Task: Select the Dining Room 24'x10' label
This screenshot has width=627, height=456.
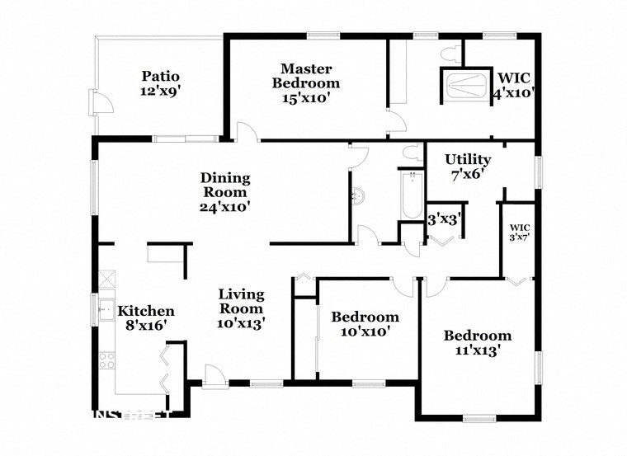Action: point(224,192)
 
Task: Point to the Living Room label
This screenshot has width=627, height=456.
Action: point(241,308)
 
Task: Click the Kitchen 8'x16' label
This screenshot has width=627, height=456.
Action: point(145,317)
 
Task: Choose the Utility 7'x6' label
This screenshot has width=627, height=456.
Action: point(468,167)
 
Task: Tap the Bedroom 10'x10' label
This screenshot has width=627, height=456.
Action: point(365,324)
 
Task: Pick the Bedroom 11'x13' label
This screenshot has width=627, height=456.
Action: point(477,342)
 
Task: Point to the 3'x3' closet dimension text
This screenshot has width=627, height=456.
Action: point(445,219)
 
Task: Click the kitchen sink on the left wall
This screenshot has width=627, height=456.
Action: point(105,311)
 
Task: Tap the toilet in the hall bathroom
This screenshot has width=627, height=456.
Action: point(409,152)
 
